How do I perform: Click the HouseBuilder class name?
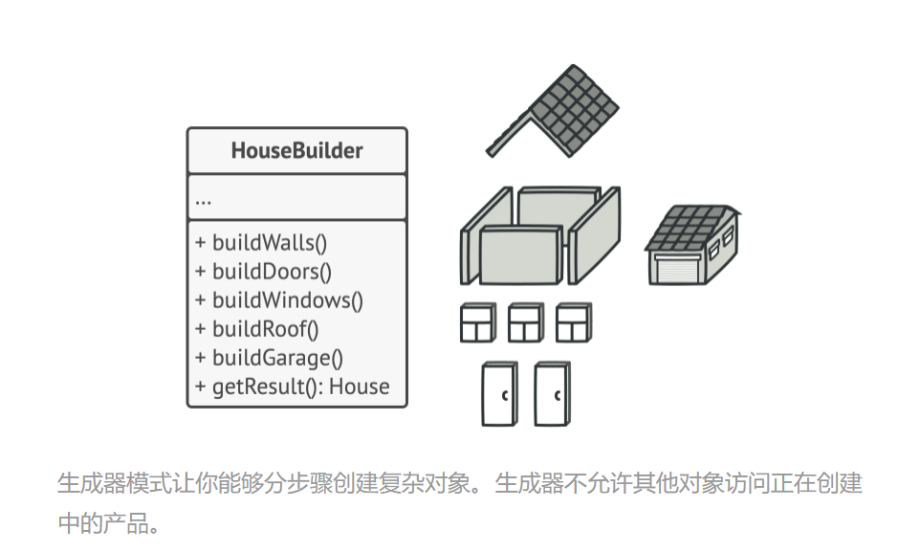(296, 151)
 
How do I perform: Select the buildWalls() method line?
(263, 243)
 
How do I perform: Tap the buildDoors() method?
(263, 272)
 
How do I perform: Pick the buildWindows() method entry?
(278, 300)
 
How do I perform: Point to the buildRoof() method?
(256, 329)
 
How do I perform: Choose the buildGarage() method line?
(268, 358)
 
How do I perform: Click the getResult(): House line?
(292, 386)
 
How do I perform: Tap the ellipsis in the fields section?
(203, 201)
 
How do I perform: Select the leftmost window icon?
(477, 323)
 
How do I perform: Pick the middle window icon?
(525, 323)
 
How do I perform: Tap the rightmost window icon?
(573, 323)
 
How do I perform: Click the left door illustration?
(498, 393)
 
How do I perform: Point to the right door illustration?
(552, 393)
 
